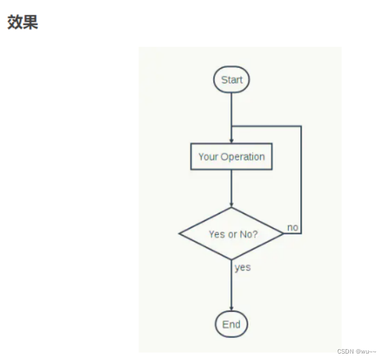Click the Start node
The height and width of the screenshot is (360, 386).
coord(231,80)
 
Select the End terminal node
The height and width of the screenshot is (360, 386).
coord(231,324)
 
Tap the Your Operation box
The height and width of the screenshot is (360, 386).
coord(231,156)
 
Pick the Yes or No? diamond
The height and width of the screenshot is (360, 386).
coord(231,234)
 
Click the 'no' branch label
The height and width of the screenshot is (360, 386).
coord(293,227)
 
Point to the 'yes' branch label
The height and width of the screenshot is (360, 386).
coord(243,267)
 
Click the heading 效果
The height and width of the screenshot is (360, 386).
coord(22,22)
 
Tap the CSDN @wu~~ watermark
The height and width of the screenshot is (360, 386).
coord(357,351)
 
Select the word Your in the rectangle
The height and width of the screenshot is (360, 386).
coord(208,156)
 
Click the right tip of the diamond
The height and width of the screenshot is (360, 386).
coord(283,234)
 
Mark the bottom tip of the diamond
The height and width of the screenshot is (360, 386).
coord(231,259)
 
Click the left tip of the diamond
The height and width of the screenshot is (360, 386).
coord(180,234)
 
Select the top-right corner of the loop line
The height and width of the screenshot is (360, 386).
coord(301,126)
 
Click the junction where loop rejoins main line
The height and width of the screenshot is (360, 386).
coord(231,126)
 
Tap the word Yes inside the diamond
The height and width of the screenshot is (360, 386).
coord(216,234)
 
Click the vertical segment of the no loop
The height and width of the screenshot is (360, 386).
coord(301,179)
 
